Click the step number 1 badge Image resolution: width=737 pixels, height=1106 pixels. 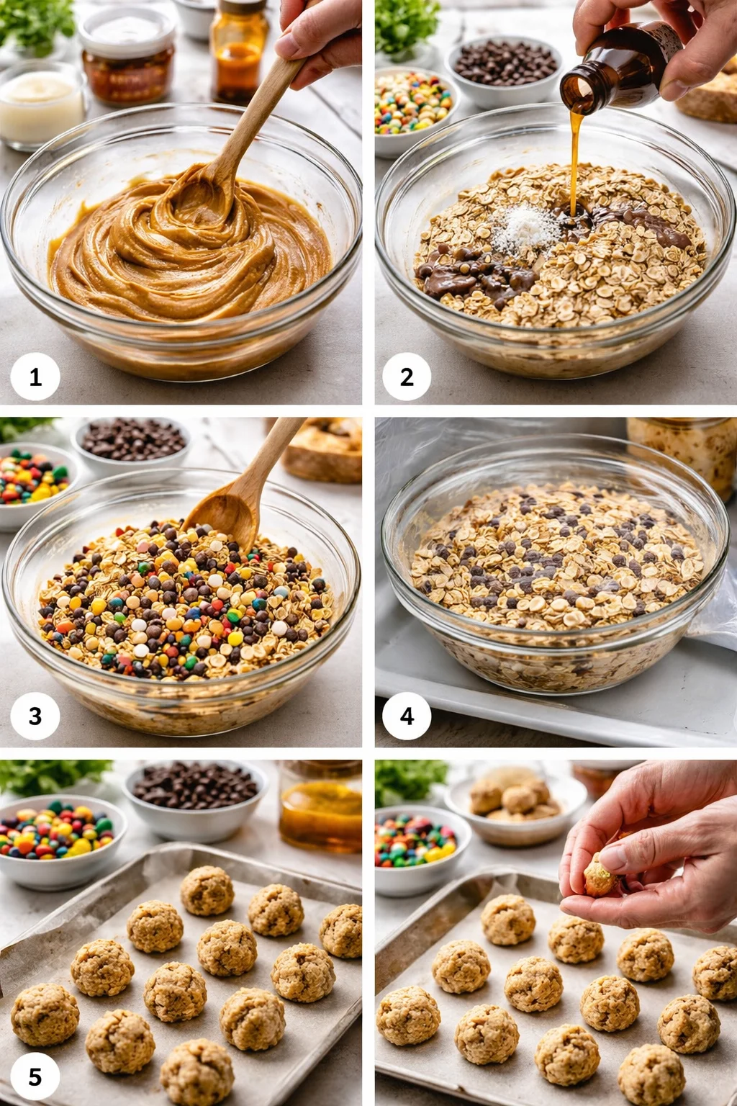35,377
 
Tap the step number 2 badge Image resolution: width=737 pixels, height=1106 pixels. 407,377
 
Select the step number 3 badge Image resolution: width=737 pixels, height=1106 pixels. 35,716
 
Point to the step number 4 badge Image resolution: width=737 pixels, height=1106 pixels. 407,716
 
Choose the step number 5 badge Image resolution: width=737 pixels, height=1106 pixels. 35,1076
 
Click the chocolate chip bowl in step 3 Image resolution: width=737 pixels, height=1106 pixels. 132,441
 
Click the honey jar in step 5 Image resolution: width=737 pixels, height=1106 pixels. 321,810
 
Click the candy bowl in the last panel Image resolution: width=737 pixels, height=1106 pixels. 416,846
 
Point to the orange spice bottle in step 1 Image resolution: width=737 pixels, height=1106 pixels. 238,50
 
